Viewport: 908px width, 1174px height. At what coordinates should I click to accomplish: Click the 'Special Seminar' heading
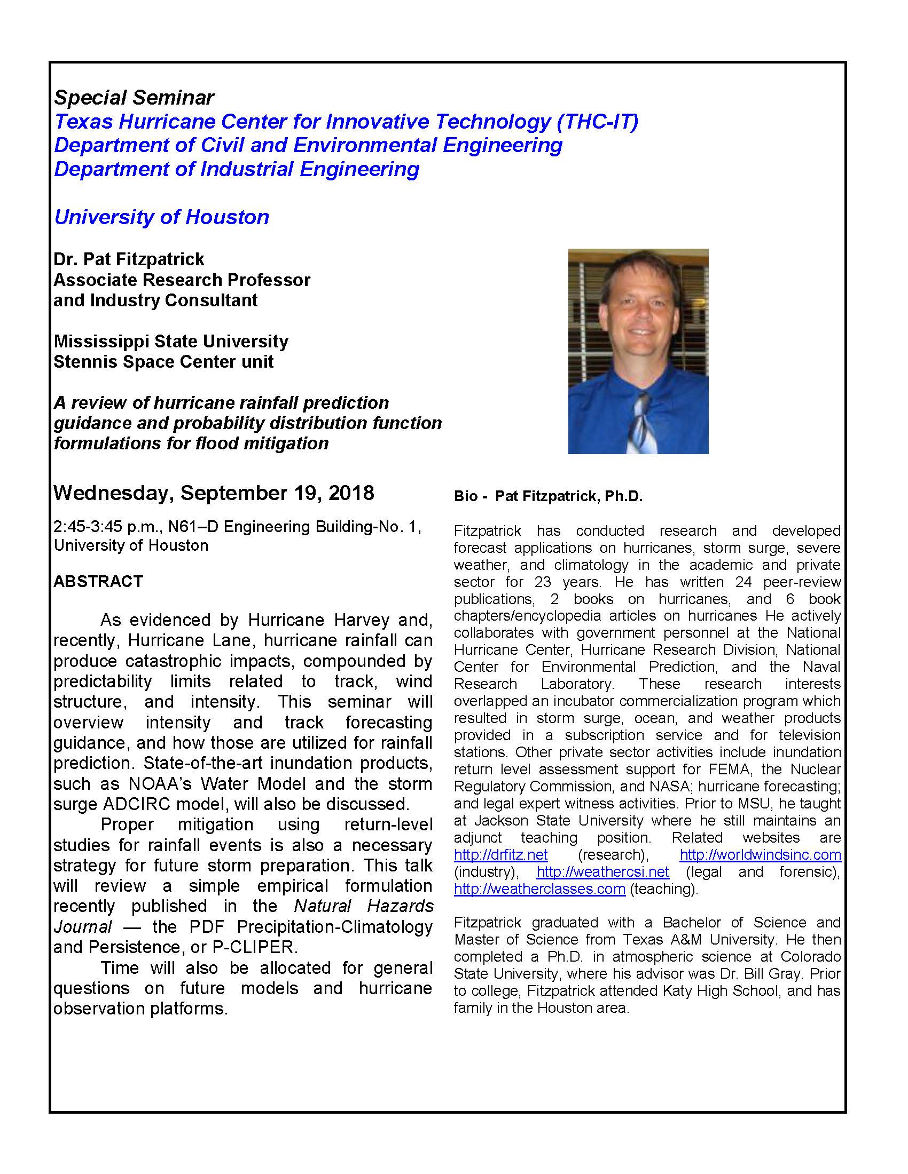134,98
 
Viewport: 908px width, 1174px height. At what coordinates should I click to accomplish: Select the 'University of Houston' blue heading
161,217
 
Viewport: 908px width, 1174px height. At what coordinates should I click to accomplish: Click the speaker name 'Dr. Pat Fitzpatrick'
129,259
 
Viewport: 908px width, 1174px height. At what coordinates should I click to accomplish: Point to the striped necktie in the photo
640,425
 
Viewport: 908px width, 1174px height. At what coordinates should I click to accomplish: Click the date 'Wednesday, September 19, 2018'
214,493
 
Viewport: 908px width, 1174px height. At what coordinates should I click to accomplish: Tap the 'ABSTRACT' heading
98,581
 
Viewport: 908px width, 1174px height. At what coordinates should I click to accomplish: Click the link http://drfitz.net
500,855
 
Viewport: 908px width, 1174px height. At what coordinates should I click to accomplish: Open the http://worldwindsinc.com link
760,855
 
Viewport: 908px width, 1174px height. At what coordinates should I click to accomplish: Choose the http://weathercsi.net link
602,872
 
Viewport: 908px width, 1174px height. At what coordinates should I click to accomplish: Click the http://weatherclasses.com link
539,889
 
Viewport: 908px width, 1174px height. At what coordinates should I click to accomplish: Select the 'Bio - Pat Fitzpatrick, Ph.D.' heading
548,496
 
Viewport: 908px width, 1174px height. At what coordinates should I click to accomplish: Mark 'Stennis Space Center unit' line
163,362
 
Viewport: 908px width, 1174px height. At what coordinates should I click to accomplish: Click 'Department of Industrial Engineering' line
237,169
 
